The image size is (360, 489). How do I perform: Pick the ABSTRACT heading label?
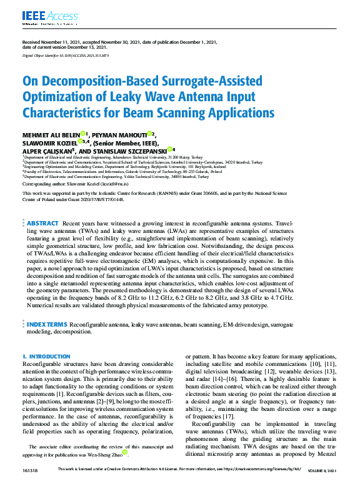point(42,223)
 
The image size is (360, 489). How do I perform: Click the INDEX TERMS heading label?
point(47,325)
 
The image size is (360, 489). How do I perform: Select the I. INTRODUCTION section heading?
point(46,357)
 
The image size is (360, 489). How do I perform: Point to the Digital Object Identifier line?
point(66,56)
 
